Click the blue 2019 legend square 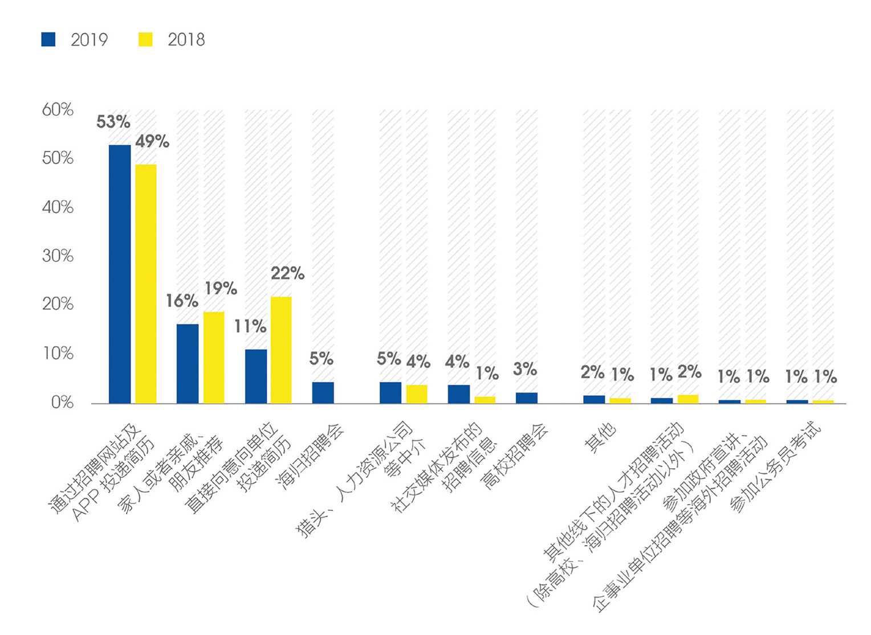pyautogui.click(x=48, y=39)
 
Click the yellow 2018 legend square pyautogui.click(x=145, y=39)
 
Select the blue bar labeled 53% pyautogui.click(x=120, y=274)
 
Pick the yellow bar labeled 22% pyautogui.click(x=281, y=350)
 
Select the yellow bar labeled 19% pyautogui.click(x=214, y=357)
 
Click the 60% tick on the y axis pyautogui.click(x=58, y=109)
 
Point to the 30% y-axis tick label pyautogui.click(x=58, y=256)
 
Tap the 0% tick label pyautogui.click(x=62, y=403)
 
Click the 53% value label pyautogui.click(x=113, y=122)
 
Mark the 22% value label pyautogui.click(x=287, y=273)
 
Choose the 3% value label pyautogui.click(x=524, y=369)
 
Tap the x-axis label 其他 pyautogui.click(x=601, y=439)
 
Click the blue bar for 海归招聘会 pyautogui.click(x=323, y=392)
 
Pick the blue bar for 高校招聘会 pyautogui.click(x=526, y=398)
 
